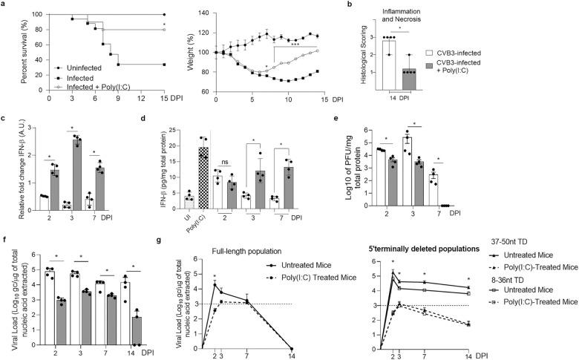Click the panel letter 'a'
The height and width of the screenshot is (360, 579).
tap(4, 4)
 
